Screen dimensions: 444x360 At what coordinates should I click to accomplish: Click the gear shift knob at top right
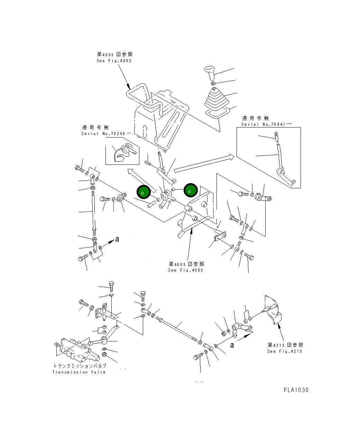pos(210,72)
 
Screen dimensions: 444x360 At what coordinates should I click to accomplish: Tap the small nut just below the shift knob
pos(213,83)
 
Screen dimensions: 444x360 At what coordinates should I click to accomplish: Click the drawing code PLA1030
pos(296,390)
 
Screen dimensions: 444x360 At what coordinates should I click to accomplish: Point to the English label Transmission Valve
pos(79,372)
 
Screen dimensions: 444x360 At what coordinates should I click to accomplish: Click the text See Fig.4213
pos(284,351)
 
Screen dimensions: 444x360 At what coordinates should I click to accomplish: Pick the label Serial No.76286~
pos(106,133)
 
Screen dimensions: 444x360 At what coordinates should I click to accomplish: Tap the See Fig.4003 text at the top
pos(114,60)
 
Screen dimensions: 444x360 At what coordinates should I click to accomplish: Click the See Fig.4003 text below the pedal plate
pos(185,270)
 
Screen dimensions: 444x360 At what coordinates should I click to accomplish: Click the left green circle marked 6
pos(143,193)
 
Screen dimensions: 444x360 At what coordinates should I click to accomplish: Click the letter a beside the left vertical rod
pos(117,239)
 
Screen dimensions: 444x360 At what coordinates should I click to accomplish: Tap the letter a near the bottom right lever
pos(232,344)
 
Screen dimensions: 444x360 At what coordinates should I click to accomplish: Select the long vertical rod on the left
pos(93,211)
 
